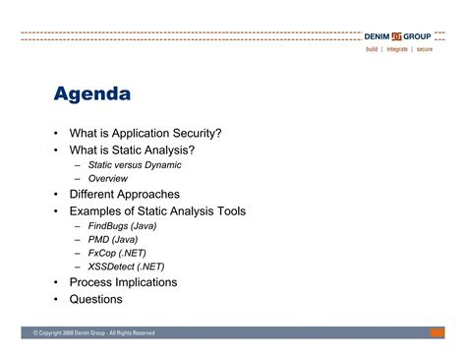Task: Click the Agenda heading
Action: click(x=92, y=95)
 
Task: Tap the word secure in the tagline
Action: click(x=424, y=48)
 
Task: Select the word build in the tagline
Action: click(x=373, y=48)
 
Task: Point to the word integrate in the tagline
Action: click(x=397, y=48)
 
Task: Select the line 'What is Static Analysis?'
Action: click(x=132, y=150)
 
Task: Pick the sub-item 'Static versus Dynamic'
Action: click(x=135, y=165)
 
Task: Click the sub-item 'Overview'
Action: click(x=108, y=179)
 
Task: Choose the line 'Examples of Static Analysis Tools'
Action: click(x=157, y=210)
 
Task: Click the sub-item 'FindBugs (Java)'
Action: click(x=122, y=225)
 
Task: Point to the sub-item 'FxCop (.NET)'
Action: click(x=117, y=253)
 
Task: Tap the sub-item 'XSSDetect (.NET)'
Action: click(x=126, y=267)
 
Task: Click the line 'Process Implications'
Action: click(x=123, y=282)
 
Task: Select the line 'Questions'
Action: click(x=96, y=299)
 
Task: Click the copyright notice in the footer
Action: click(x=94, y=333)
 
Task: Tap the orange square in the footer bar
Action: click(x=437, y=333)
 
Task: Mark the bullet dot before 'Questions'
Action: click(x=57, y=299)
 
